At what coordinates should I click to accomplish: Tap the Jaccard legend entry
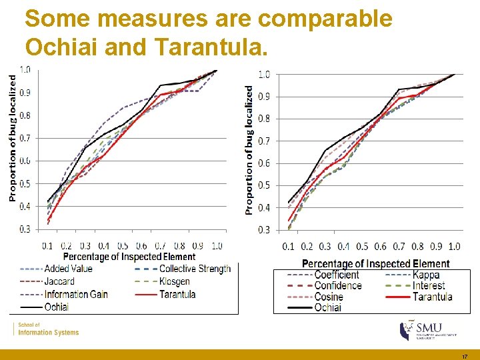point(59,281)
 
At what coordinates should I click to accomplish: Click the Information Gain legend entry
point(75,294)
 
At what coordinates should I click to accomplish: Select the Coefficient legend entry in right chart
point(337,275)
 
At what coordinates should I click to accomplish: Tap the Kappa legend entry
point(426,275)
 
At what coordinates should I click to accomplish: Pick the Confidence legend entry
point(338,285)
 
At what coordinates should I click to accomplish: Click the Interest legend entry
point(429,285)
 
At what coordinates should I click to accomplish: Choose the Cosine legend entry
point(329,297)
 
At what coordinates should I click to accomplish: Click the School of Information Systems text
point(48,329)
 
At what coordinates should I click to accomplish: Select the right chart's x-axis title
point(376,264)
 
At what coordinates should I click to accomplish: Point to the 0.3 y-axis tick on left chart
point(24,229)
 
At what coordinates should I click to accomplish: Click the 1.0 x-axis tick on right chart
point(454,247)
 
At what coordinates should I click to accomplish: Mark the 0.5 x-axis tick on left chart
point(123,246)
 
